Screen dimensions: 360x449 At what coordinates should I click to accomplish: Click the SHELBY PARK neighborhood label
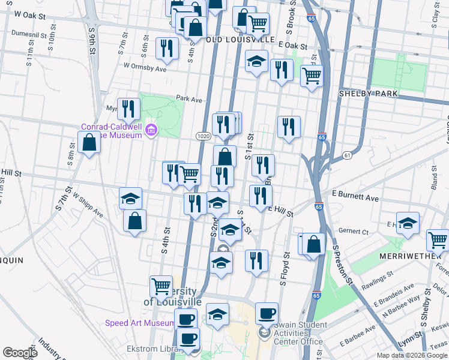(x=366, y=94)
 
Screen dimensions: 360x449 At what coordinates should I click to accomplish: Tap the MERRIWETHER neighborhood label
(x=410, y=256)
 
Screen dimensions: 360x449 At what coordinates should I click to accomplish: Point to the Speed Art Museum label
(x=139, y=323)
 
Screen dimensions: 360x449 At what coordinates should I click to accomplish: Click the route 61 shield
(x=348, y=156)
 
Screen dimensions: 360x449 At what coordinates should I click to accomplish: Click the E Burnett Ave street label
(x=355, y=197)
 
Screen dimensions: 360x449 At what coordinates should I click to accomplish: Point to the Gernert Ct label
(x=354, y=230)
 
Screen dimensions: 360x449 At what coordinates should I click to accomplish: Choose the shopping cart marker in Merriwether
(x=437, y=240)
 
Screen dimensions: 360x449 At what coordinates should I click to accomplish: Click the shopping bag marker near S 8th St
(x=89, y=143)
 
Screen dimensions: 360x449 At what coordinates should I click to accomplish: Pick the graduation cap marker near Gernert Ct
(x=408, y=223)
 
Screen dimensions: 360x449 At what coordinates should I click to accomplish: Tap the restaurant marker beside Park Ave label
(x=128, y=109)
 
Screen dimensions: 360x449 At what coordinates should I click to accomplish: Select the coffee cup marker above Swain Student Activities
(x=267, y=313)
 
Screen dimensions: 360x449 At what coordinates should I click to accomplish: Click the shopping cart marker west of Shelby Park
(x=311, y=76)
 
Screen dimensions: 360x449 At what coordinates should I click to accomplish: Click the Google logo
(x=20, y=352)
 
